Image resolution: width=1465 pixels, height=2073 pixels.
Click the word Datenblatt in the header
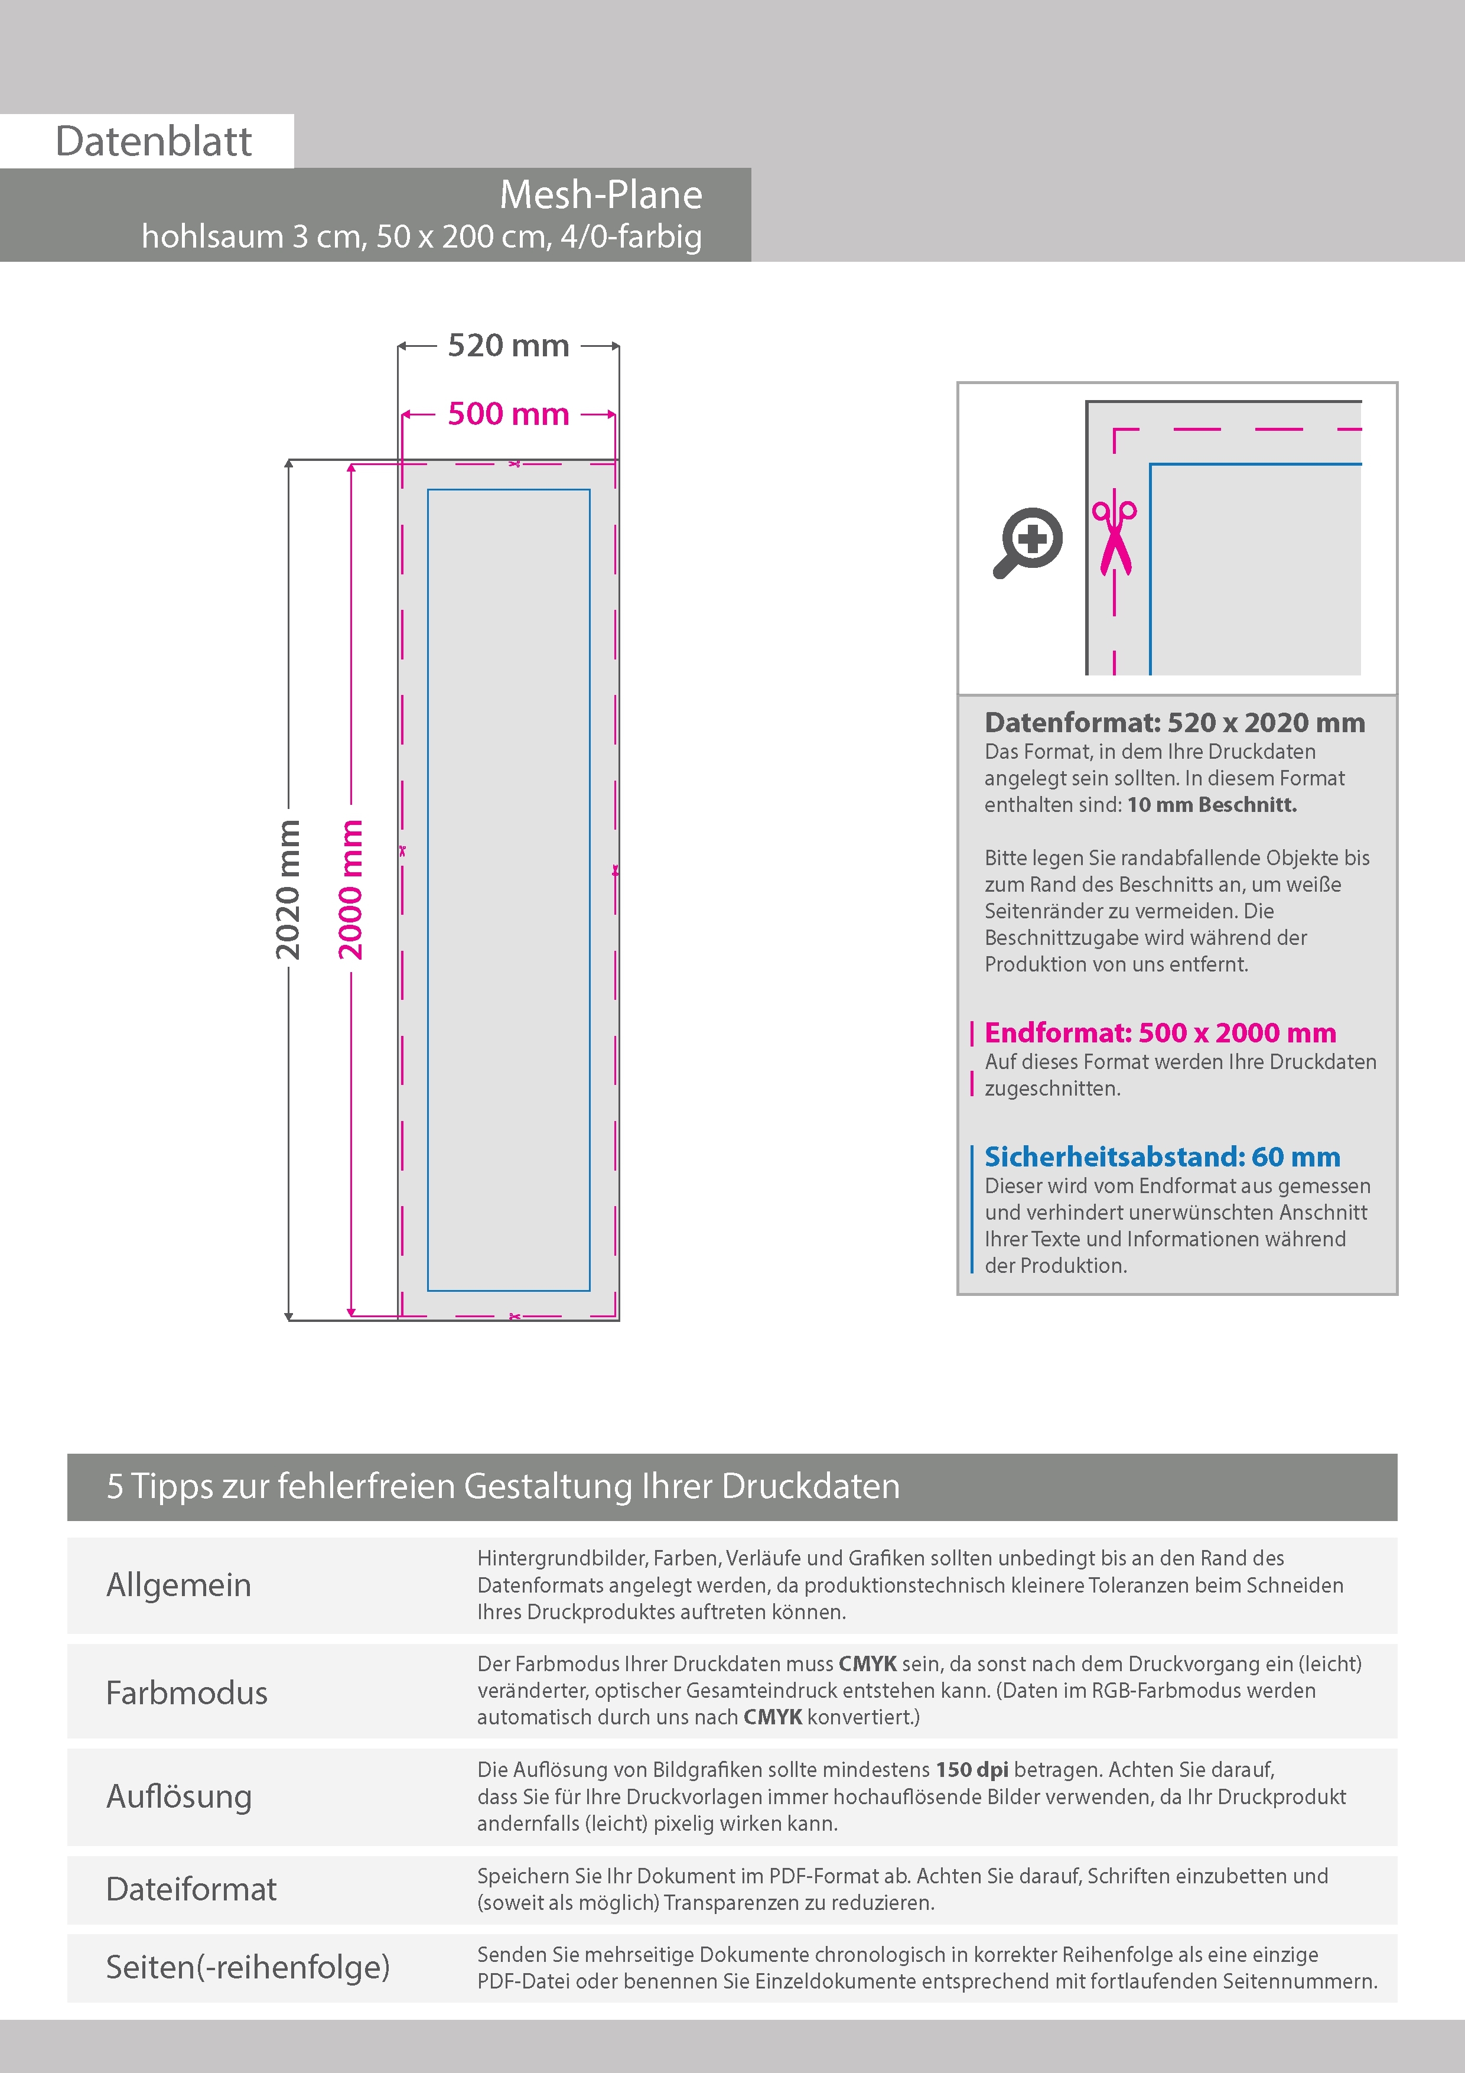(x=154, y=141)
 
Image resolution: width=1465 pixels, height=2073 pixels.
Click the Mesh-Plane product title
(x=600, y=195)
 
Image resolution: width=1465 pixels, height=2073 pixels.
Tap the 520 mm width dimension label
(x=508, y=345)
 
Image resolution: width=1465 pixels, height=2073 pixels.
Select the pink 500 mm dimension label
(x=508, y=414)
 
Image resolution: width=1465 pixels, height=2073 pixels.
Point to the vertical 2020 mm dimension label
(x=287, y=889)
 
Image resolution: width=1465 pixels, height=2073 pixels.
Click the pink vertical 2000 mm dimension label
(x=350, y=889)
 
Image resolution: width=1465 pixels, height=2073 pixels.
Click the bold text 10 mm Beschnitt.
(x=1212, y=804)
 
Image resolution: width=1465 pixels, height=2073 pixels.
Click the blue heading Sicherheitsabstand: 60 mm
(x=1162, y=1156)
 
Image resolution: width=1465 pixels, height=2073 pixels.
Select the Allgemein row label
(x=179, y=1584)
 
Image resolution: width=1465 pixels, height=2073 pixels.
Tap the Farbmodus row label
(x=187, y=1692)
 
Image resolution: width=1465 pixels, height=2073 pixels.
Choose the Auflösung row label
(x=179, y=1796)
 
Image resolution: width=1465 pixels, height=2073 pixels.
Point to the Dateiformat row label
(x=191, y=1889)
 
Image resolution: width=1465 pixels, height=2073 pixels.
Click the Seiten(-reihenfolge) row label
(x=248, y=1967)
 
